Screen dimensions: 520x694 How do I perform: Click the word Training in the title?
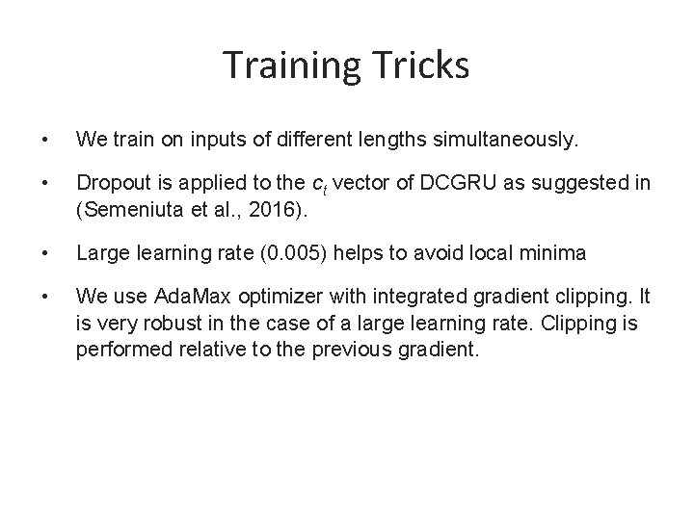[x=287, y=65]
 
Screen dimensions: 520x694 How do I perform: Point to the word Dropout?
[x=110, y=183]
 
